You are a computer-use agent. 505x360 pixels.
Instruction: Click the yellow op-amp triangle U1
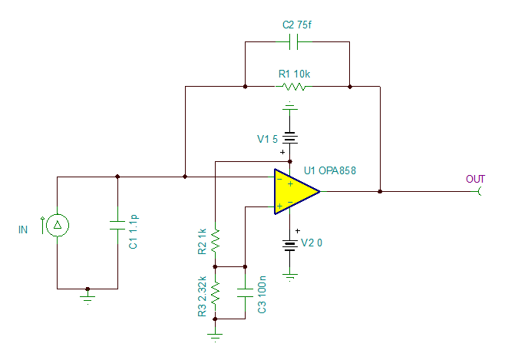click(292, 191)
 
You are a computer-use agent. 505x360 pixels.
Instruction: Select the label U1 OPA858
click(329, 170)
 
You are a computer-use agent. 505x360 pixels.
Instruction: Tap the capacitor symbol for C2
click(290, 43)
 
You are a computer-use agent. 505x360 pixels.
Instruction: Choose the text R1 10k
click(294, 74)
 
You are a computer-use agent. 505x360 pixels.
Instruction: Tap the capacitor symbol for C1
click(117, 225)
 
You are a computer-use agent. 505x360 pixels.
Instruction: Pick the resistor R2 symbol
click(216, 240)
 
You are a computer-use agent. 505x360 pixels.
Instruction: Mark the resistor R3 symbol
click(216, 292)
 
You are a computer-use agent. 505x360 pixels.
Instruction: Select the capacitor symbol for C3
click(245, 292)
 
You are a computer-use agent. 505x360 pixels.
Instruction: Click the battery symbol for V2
click(290, 246)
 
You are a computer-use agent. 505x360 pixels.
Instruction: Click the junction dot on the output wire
click(380, 191)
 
